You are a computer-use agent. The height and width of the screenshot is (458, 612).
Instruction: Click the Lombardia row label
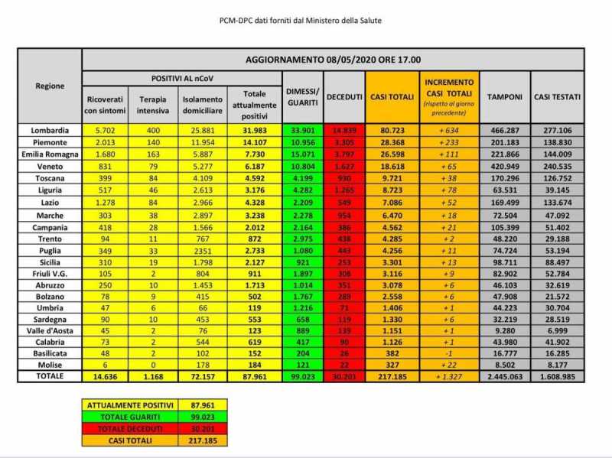50,131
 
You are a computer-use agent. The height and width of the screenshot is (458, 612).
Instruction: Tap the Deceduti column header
344,97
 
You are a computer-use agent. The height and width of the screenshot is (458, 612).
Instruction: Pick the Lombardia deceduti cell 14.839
344,131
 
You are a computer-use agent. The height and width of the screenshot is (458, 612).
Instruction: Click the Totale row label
50,377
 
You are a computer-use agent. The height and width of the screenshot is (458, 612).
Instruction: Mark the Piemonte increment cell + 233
448,142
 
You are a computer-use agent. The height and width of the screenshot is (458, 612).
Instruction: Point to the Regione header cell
50,86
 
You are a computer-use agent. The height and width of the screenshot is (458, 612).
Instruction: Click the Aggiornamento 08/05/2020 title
333,60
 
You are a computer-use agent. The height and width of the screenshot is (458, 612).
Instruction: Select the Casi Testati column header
556,97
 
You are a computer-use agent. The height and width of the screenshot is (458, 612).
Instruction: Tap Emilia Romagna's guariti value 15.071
302,153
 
